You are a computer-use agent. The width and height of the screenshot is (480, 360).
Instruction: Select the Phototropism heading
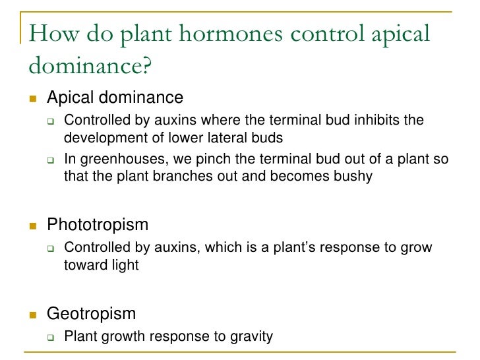coord(98,225)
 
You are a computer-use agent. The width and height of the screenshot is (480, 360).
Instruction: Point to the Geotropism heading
coord(92,314)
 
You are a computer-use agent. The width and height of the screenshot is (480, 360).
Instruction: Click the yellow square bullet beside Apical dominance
coord(31,99)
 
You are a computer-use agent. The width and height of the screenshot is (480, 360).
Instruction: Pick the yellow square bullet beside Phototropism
coord(31,225)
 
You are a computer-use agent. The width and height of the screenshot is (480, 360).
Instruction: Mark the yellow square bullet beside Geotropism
coord(31,315)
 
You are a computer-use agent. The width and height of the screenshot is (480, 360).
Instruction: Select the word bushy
coord(353,176)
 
